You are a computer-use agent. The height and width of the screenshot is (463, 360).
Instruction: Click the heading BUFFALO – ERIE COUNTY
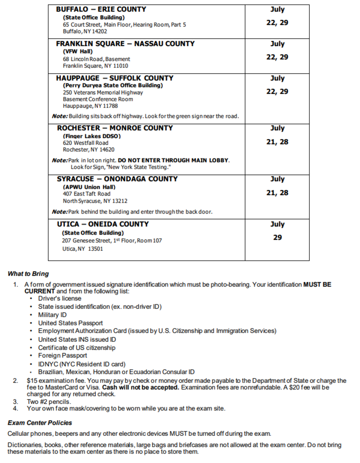101,9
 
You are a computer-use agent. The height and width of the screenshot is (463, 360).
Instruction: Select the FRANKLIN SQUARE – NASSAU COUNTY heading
125,44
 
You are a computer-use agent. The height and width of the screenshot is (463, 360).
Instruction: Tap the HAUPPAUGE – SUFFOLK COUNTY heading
115,78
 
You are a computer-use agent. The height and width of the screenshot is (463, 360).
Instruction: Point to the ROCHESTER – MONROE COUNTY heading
115,128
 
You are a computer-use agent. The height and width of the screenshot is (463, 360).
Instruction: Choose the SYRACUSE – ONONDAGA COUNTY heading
117,179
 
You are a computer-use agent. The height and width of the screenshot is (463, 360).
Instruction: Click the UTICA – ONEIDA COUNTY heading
103,224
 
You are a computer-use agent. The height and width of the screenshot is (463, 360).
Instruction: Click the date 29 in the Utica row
277,238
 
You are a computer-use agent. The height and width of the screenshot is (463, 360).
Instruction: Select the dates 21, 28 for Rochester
277,142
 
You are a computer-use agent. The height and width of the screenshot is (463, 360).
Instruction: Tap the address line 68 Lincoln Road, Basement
96,59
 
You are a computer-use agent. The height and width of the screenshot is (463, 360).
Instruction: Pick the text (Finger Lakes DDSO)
92,136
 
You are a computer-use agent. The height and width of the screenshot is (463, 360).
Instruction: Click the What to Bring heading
28,274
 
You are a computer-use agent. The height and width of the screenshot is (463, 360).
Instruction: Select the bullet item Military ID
52,315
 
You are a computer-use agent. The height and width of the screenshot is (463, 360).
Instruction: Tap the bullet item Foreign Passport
62,356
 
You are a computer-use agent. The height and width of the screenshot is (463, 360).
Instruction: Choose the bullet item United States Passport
70,323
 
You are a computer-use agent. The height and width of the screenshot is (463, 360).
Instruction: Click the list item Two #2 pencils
49,401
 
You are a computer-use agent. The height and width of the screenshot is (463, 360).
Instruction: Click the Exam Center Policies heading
40,423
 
